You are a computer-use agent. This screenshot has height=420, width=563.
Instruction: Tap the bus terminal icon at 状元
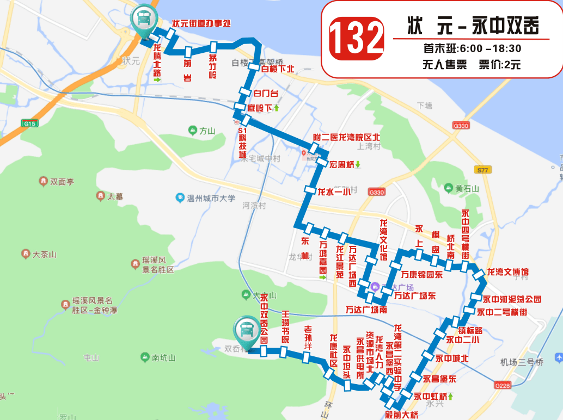(x=144, y=20)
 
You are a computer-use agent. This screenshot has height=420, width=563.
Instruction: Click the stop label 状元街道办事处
(x=201, y=23)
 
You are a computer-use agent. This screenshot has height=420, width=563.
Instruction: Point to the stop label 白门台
(x=266, y=94)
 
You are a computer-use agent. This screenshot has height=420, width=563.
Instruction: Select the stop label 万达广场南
(x=366, y=310)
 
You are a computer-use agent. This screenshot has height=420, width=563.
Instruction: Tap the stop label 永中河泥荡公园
(x=512, y=299)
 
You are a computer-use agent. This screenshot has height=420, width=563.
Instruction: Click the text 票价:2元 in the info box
(x=499, y=65)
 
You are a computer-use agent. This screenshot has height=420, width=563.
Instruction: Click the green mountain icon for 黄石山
(x=449, y=189)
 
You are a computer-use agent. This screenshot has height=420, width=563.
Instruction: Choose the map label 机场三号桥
(x=522, y=362)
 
